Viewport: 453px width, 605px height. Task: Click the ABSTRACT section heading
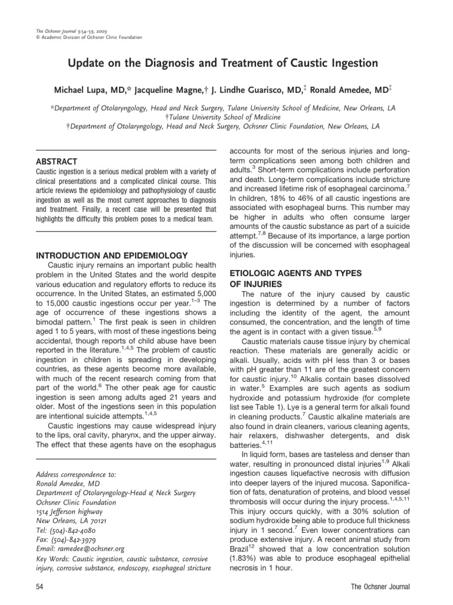(x=56, y=161)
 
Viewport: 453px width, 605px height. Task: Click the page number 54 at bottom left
(x=40, y=587)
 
